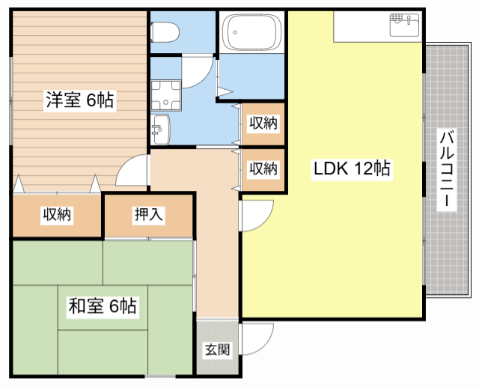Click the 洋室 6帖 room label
tap(80, 100)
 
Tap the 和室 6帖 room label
tap(103, 306)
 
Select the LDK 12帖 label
tap(352, 168)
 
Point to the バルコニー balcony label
tap(447, 170)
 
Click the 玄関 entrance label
tap(217, 350)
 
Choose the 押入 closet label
tap(148, 214)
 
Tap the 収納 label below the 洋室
tap(57, 214)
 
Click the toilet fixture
tap(165, 32)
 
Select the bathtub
tap(251, 32)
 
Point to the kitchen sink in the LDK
tap(404, 25)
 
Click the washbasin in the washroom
tap(160, 129)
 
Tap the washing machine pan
tap(166, 95)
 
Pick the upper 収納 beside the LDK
tap(263, 124)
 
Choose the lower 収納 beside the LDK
tap(263, 169)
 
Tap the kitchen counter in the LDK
tap(378, 27)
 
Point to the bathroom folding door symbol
tap(225, 91)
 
